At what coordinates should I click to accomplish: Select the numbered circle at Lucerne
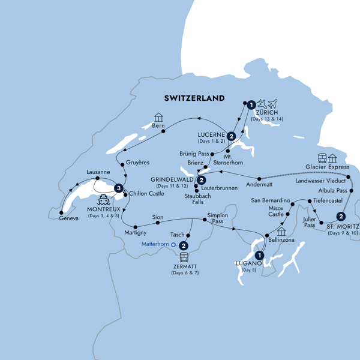pyautogui.click(x=231, y=127)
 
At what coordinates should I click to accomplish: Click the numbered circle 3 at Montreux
pyautogui.click(x=119, y=188)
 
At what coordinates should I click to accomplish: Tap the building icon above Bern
pyautogui.click(x=158, y=117)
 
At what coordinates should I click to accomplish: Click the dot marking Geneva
pyautogui.click(x=61, y=211)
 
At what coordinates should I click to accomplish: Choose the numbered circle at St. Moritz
pyautogui.click(x=341, y=217)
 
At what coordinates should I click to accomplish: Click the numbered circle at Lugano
pyautogui.click(x=259, y=254)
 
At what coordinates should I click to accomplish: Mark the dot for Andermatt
pyautogui.click(x=259, y=179)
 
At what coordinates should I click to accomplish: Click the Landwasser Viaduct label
pyautogui.click(x=323, y=180)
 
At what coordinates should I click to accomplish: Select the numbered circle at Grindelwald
pyautogui.click(x=202, y=179)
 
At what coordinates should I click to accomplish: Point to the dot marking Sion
pyautogui.click(x=157, y=223)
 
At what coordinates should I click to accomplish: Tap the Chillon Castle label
pyautogui.click(x=147, y=194)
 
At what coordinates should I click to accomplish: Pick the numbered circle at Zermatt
pyautogui.click(x=184, y=245)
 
